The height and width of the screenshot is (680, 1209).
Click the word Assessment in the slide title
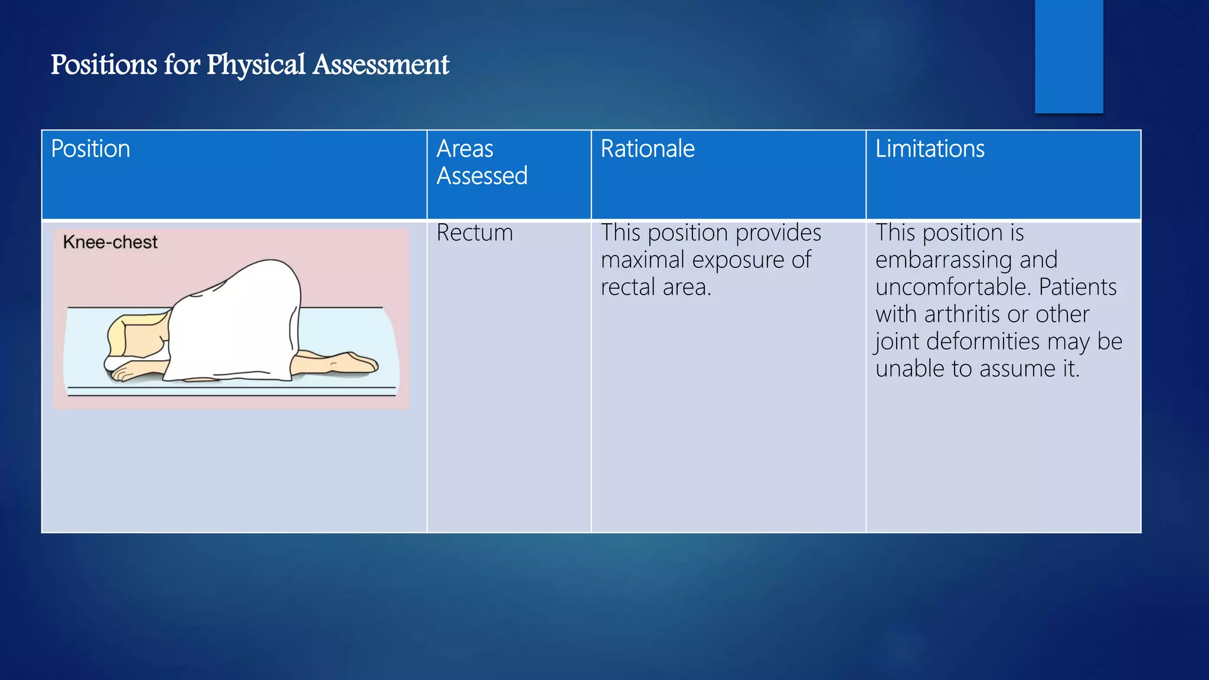(x=381, y=65)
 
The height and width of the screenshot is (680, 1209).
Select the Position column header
(x=90, y=149)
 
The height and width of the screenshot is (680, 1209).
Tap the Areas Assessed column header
(x=482, y=162)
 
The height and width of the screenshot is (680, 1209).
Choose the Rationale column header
(x=648, y=149)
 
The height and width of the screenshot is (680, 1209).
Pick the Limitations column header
(x=930, y=149)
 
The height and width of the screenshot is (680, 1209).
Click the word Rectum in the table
(x=475, y=233)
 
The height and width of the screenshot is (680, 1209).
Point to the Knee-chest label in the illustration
(x=110, y=242)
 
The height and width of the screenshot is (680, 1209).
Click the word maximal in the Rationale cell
(x=642, y=260)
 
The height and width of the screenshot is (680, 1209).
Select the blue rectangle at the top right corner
(x=1069, y=56)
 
